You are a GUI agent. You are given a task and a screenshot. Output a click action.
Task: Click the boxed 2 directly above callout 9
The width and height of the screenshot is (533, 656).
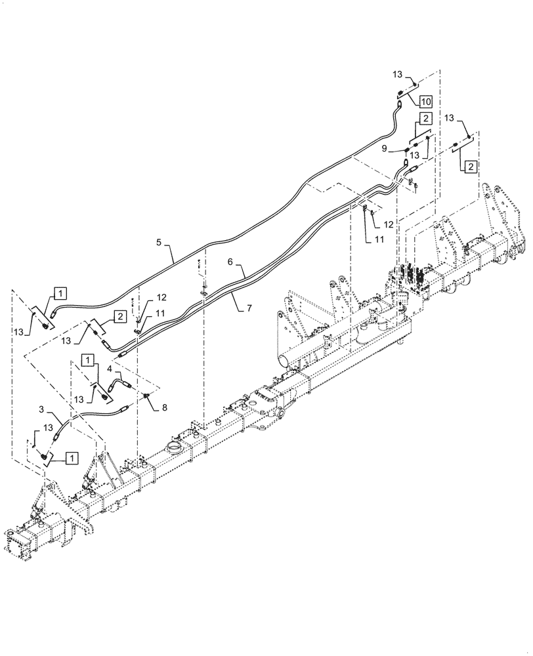click(x=425, y=119)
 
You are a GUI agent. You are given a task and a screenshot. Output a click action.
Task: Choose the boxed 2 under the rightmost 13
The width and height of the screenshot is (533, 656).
click(x=472, y=167)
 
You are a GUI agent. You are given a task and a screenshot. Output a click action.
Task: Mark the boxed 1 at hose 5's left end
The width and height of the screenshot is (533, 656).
click(x=60, y=293)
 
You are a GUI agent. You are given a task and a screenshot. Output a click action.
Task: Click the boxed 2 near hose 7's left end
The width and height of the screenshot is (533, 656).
click(x=120, y=316)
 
